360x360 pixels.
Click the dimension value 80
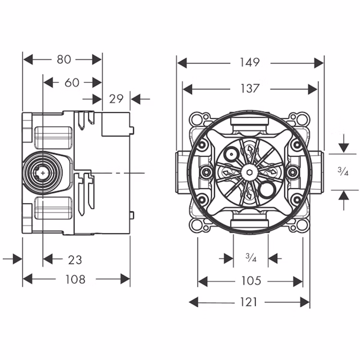click(x=64, y=59)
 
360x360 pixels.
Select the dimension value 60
click(x=72, y=82)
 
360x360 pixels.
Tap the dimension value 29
click(x=116, y=98)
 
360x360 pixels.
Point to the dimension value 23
click(x=75, y=260)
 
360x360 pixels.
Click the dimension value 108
click(x=76, y=279)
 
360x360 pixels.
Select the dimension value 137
click(x=250, y=88)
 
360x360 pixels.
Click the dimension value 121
click(x=250, y=302)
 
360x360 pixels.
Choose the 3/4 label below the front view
click(x=251, y=259)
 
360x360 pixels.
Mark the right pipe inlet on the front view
click(x=320, y=173)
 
